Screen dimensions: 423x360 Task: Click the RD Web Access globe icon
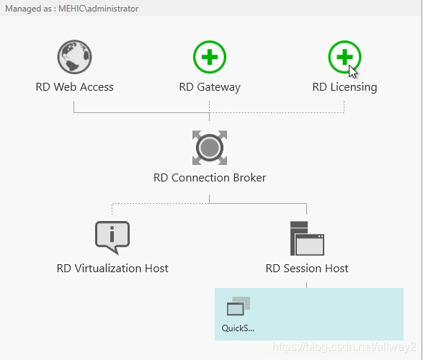click(74, 57)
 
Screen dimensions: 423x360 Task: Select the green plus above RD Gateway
click(210, 57)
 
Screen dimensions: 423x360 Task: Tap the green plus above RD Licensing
click(344, 57)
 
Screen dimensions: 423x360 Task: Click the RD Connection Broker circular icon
click(210, 148)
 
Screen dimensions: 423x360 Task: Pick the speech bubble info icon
click(112, 237)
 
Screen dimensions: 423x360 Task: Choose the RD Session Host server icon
click(307, 238)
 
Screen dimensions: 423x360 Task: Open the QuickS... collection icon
click(239, 306)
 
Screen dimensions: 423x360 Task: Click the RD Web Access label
click(74, 87)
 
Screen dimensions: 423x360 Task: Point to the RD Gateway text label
click(210, 87)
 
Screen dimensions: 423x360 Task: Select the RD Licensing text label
click(344, 87)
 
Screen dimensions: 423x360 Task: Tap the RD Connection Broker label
click(210, 178)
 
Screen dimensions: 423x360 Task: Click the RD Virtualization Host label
click(112, 269)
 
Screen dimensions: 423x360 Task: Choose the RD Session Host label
click(307, 269)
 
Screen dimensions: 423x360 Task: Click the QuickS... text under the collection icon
click(238, 328)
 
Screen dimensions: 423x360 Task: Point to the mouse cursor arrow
click(352, 72)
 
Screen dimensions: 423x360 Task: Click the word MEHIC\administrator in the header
click(99, 9)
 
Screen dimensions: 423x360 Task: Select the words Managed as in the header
click(28, 9)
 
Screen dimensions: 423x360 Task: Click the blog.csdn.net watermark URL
click(344, 347)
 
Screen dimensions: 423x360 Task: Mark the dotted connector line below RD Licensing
click(344, 107)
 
